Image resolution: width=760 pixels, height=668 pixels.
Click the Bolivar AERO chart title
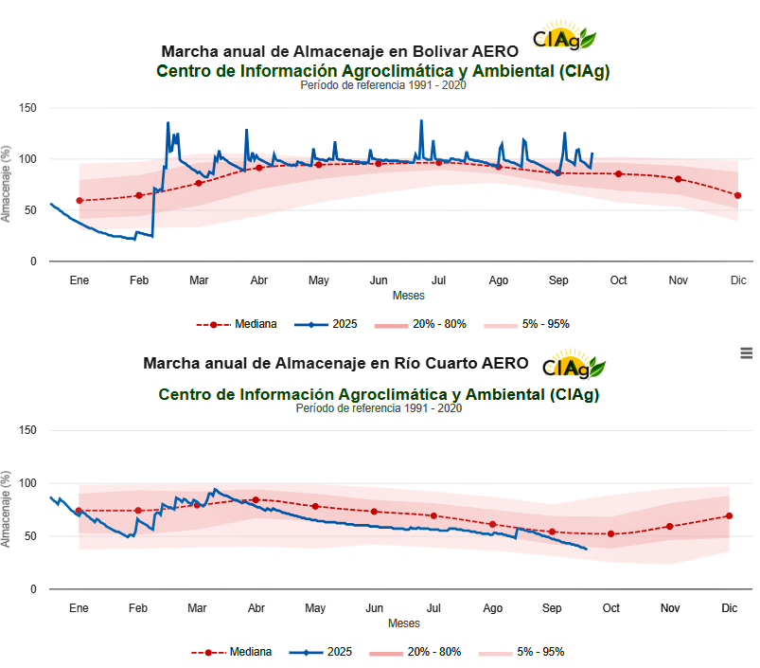[x=340, y=50]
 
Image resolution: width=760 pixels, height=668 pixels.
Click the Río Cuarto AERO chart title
[x=331, y=363]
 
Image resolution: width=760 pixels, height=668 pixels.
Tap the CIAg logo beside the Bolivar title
[x=564, y=38]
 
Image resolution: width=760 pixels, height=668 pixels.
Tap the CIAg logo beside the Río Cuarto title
[x=574, y=366]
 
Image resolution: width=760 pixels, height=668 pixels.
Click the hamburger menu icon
[x=747, y=352]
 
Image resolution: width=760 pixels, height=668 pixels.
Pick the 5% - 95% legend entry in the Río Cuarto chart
[x=523, y=652]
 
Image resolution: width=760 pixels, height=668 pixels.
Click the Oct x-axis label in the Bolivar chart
[x=618, y=280]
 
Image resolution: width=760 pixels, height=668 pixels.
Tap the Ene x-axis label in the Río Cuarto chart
[x=79, y=608]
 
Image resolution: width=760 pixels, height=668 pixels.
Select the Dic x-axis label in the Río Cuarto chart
[x=729, y=608]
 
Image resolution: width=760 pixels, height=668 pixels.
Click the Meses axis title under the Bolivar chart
[x=408, y=296]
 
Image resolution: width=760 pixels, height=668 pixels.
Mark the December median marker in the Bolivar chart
[x=737, y=195]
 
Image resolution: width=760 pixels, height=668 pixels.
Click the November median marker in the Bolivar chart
[x=678, y=179]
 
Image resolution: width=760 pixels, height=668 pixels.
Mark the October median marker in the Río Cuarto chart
[x=610, y=533]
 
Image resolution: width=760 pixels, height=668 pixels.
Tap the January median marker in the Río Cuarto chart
[x=79, y=511]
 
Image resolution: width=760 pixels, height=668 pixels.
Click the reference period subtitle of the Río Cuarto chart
[x=379, y=408]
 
